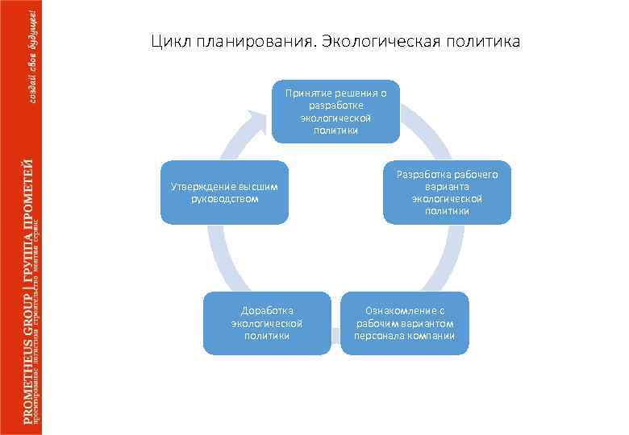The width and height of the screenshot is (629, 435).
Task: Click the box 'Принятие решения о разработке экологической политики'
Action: pyautogui.click(x=335, y=111)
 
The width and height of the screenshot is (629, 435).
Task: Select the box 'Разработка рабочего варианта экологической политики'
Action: pyautogui.click(x=447, y=192)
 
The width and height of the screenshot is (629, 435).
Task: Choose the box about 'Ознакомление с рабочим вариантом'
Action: pyautogui.click(x=404, y=322)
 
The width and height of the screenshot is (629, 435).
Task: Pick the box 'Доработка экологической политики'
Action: pyautogui.click(x=267, y=322)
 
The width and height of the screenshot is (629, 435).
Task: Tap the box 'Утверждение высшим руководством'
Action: pyautogui.click(x=224, y=192)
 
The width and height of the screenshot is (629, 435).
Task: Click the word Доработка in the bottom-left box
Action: pyautogui.click(x=267, y=310)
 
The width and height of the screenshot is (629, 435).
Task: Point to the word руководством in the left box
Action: pyautogui.click(x=225, y=198)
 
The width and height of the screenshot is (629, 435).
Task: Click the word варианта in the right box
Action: pyautogui.click(x=447, y=186)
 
